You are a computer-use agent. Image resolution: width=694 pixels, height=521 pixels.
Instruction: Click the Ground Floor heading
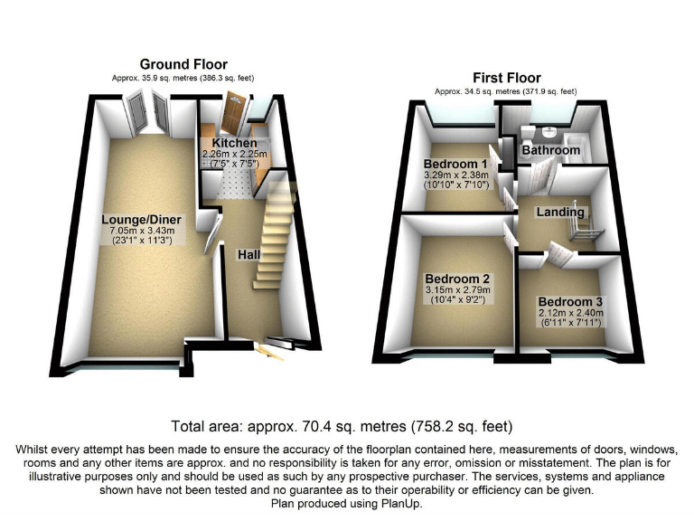point(176,64)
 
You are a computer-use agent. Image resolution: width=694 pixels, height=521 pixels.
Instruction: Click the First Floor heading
point(505,78)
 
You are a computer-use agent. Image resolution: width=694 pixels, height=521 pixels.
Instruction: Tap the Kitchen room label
point(234,143)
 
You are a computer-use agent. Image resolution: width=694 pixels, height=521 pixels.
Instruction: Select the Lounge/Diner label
point(143,220)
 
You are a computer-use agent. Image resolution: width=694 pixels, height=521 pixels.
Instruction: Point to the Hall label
point(249,255)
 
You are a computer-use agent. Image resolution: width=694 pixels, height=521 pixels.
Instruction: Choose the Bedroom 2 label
point(456,279)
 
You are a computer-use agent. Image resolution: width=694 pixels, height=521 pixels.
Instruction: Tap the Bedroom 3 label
point(570,301)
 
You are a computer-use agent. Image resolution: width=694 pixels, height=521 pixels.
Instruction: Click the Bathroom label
point(550,150)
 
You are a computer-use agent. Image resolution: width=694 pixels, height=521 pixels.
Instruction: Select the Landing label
point(560,212)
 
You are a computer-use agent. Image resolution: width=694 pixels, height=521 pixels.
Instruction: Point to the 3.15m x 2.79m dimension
point(456,289)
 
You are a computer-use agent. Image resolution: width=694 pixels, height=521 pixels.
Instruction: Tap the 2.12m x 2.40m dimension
point(570,313)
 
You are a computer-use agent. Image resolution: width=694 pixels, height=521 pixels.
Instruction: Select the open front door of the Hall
point(269,349)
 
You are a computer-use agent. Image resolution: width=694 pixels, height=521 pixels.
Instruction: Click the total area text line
point(347,426)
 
